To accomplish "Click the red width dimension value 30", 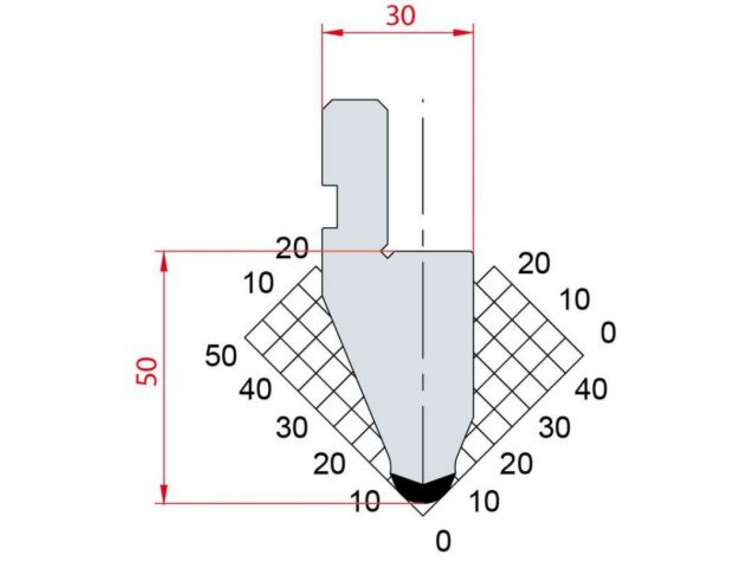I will [400, 17].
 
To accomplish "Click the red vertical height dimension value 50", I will [148, 372].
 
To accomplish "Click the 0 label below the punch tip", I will [443, 542].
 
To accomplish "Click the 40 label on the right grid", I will [590, 390].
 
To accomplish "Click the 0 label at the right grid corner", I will [608, 333].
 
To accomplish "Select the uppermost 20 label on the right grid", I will [534, 264].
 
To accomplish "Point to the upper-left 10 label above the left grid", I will [258, 284].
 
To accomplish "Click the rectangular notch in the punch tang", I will [331, 206].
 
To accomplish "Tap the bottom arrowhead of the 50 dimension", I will [165, 495].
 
